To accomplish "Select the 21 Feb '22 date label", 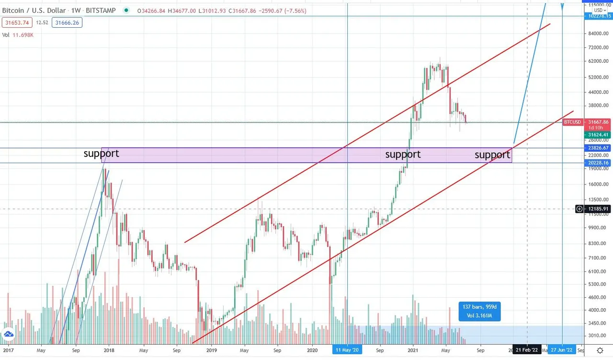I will coord(527,350).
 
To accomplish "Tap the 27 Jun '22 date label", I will coord(562,350).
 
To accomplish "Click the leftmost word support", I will coord(101,154).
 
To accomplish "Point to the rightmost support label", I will coord(492,155).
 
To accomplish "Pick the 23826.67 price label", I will coord(599,148).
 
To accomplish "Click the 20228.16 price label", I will coord(599,163).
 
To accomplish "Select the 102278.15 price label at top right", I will coord(599,16).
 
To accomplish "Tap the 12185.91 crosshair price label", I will coord(599,209).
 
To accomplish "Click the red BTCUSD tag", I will coord(572,122).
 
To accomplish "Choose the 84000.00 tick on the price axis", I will coord(599,33).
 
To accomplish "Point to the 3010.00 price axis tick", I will coord(599,336).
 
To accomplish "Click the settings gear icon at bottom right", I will coord(600,350).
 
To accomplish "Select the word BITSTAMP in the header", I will coord(100,10).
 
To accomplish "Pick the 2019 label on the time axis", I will coord(211,350).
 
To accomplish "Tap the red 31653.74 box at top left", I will coord(16,22).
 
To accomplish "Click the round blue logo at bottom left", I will coord(8,335).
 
